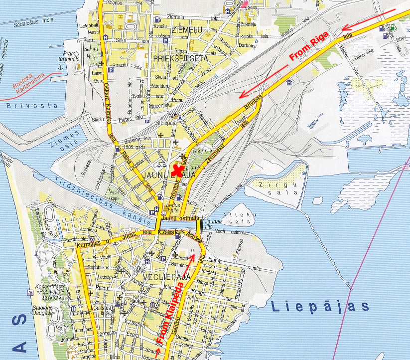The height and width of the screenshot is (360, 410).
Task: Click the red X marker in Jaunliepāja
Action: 176,171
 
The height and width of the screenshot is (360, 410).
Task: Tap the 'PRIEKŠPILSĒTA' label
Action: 180,58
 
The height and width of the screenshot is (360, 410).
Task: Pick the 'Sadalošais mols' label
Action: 34,23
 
